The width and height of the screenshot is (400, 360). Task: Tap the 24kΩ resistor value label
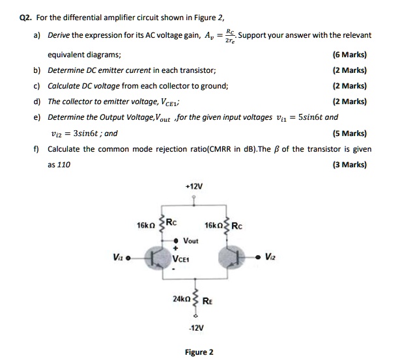pos(180,299)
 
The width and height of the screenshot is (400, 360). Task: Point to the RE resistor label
pos(208,301)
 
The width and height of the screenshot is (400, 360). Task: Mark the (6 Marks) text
pos(350,55)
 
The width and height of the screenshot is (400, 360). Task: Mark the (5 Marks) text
pos(350,133)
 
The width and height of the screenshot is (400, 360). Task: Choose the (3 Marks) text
pos(350,165)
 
